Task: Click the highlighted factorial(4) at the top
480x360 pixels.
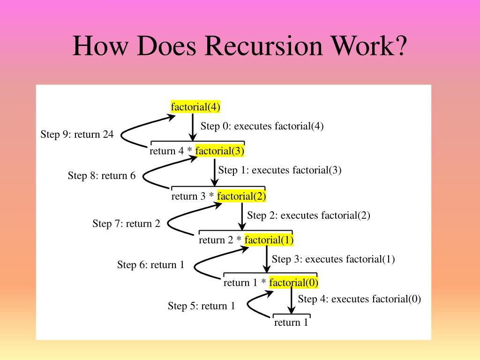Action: click(195, 107)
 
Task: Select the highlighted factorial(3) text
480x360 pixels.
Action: click(220, 151)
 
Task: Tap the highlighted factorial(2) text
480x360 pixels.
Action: click(241, 196)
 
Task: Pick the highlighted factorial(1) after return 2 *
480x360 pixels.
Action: click(269, 240)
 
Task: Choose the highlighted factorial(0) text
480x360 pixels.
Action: click(294, 282)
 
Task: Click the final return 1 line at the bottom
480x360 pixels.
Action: click(291, 322)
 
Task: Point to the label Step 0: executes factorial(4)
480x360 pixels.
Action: click(262, 126)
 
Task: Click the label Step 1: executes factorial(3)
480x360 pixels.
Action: click(280, 170)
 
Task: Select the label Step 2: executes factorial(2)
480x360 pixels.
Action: click(308, 216)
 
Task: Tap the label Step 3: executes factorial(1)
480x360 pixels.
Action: click(333, 259)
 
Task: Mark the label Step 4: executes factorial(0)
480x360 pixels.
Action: click(360, 299)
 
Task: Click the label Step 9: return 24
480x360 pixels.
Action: click(77, 135)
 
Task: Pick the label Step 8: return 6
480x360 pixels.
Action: click(101, 176)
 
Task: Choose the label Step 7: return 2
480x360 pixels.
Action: click(126, 224)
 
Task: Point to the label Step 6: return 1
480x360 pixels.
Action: click(150, 265)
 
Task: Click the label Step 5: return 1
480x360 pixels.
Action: click(201, 306)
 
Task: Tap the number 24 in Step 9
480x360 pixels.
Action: click(108, 135)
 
